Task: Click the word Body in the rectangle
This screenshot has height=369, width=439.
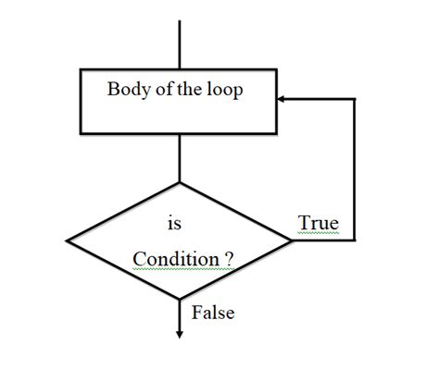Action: coord(126,91)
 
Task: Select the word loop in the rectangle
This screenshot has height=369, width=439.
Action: coord(224,91)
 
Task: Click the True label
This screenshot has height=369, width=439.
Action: coord(319,224)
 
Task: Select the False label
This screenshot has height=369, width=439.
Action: coord(213,314)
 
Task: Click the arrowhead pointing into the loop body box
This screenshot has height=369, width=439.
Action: coord(282,98)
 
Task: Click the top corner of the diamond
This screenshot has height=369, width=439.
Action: coord(179,182)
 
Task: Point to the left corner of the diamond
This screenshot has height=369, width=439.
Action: coord(67,240)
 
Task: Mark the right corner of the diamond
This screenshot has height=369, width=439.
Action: coord(293,240)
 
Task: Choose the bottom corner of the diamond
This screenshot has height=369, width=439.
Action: coord(179,299)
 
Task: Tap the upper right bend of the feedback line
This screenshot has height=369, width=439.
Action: coord(355,98)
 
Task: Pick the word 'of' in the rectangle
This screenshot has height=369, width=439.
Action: coord(161,91)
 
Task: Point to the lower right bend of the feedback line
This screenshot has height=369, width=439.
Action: coord(355,240)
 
